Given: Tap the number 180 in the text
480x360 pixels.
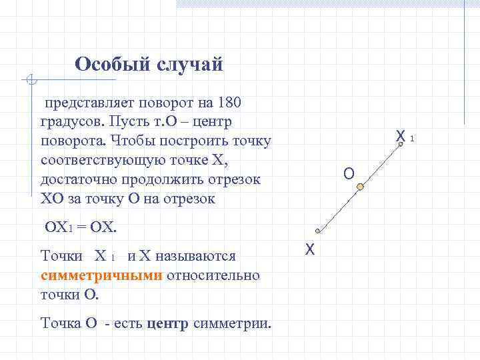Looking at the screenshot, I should (x=228, y=103).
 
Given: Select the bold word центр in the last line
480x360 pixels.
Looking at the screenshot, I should (x=167, y=324).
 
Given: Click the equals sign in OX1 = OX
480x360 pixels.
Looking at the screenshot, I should (x=80, y=227).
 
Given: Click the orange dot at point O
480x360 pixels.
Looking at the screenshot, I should (x=360, y=188).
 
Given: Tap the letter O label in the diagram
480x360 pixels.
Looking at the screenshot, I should (x=349, y=174).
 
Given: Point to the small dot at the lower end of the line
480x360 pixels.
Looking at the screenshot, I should (x=318, y=231).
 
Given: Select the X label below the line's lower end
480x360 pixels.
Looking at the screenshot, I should (x=309, y=250).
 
